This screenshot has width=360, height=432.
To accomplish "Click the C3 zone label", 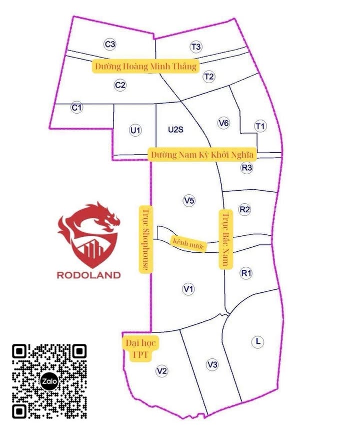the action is coord(110,45).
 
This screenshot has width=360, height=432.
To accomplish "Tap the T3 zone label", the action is coord(195,47).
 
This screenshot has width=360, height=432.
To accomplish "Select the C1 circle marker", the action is coord(76,107).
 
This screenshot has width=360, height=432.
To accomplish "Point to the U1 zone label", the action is coord(135,131).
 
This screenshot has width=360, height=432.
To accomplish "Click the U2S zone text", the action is coord(176,130).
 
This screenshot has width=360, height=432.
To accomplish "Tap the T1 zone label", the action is coord(259,126).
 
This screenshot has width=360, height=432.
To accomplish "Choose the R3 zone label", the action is coord(246,168).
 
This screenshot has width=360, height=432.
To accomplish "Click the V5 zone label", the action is coord(189,201).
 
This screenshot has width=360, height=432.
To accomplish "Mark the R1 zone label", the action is coord(246,273).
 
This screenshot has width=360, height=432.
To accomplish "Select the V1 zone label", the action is coord(188,289).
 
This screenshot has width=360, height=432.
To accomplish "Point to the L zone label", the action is coord(257,342).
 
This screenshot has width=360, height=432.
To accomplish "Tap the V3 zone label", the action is coord(212,364).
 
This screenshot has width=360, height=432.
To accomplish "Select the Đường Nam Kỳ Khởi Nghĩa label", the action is coord(202,154).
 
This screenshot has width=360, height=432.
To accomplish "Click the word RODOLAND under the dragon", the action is coord(89,274).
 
